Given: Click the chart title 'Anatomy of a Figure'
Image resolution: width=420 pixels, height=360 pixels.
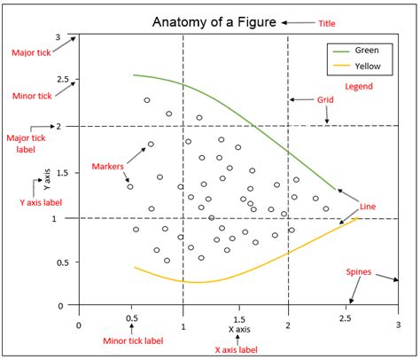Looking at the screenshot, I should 214,21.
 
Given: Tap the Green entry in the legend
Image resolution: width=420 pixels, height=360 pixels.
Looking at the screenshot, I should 366,51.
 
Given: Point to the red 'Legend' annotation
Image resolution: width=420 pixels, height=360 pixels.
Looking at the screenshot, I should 359,87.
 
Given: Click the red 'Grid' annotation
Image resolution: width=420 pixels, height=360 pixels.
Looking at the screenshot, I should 325,101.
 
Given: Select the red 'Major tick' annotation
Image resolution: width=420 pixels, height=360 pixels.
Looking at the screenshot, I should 30,54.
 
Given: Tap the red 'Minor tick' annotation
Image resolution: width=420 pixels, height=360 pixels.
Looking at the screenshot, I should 31,95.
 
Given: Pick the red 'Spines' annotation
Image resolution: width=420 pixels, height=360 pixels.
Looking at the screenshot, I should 359,271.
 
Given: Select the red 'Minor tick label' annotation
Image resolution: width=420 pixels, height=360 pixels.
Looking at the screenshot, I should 132,340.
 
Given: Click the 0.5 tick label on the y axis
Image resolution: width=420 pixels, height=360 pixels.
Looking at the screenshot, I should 62,262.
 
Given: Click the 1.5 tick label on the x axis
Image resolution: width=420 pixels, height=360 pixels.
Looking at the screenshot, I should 238,319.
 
